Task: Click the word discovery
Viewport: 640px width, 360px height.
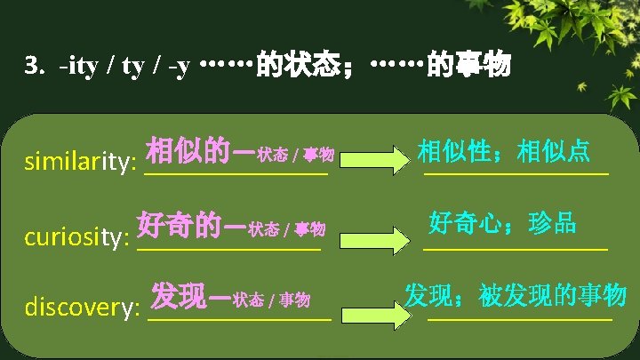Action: click(x=83, y=308)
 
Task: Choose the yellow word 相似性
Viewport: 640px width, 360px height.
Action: click(x=456, y=150)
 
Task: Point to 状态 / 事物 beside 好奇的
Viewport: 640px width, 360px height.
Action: click(x=287, y=230)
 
